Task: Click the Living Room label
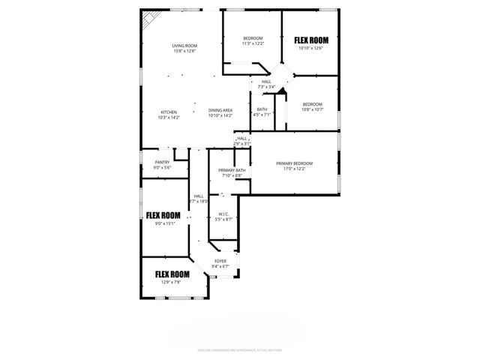184,46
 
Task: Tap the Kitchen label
168,112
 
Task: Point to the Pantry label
162,162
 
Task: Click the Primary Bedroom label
294,163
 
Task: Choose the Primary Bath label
231,170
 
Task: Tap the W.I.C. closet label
223,214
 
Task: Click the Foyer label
220,261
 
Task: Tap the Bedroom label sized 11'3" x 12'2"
253,38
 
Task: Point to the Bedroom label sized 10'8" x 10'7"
312,104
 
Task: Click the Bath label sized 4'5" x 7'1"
262,109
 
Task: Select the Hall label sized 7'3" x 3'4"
266,82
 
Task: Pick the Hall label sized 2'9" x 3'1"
241,138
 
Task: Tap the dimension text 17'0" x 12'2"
294,169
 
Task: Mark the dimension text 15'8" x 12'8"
184,51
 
